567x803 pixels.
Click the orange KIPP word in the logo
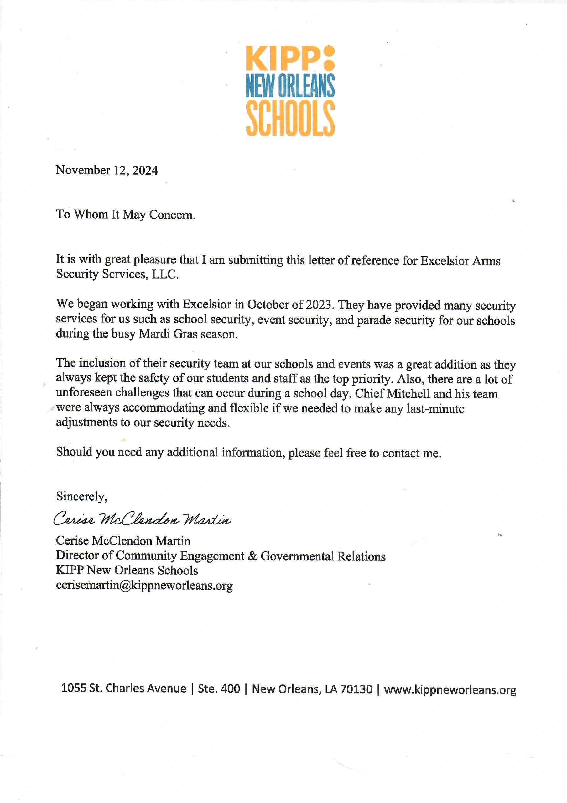[283, 58]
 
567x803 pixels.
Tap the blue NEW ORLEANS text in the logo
[290, 86]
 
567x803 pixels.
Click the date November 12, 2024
[107, 170]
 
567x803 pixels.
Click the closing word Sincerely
[81, 496]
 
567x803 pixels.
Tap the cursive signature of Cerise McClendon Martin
[142, 519]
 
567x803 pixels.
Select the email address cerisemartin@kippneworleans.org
[144, 585]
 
